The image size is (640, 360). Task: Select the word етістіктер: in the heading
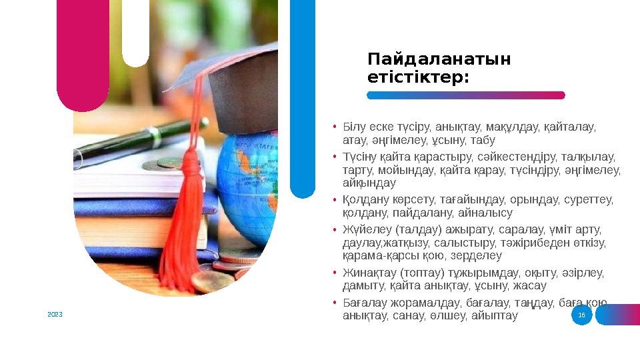coord(418,78)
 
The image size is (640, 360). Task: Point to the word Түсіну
coord(359,157)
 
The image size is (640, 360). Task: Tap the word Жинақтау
coord(369,273)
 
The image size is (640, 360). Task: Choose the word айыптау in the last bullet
coord(495,316)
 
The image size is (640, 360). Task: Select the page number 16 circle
coord(581,315)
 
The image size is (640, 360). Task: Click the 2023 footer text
coord(55,313)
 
